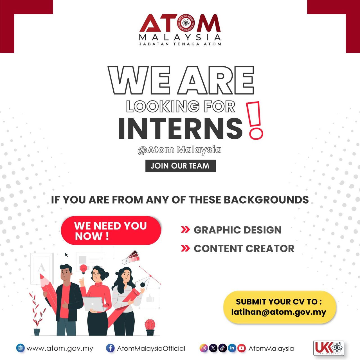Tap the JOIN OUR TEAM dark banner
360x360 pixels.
point(180,166)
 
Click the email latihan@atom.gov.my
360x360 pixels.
point(278,312)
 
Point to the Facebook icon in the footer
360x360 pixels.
point(110,348)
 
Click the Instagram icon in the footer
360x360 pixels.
point(204,348)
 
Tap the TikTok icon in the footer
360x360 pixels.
point(222,348)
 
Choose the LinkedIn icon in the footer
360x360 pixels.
point(232,348)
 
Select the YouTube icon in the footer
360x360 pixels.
point(241,348)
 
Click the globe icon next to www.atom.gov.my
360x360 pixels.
point(20,348)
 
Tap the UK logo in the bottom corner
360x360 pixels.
point(328,349)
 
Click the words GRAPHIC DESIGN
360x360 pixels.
point(238,230)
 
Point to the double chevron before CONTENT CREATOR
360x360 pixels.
point(185,248)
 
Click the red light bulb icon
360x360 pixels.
point(83,269)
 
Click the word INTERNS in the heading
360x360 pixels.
point(180,129)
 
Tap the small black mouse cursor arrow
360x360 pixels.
point(66,255)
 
